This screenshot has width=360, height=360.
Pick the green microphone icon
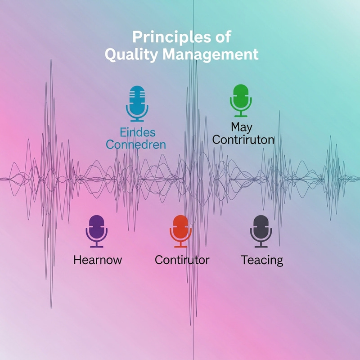(x=239, y=99)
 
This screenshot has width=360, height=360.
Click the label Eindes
(x=138, y=132)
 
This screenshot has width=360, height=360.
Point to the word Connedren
(x=136, y=145)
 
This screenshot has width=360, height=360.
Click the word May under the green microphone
(x=242, y=127)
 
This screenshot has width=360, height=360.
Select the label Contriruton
(x=243, y=139)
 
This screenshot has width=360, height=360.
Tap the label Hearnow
(x=97, y=260)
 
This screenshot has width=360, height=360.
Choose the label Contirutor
(x=182, y=260)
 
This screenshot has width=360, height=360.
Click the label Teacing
(x=262, y=260)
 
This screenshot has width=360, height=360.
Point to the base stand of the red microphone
(x=180, y=246)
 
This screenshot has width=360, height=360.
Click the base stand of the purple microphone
(x=97, y=246)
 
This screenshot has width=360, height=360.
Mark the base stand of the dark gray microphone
(x=261, y=246)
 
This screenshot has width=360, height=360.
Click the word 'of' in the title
(x=223, y=37)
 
